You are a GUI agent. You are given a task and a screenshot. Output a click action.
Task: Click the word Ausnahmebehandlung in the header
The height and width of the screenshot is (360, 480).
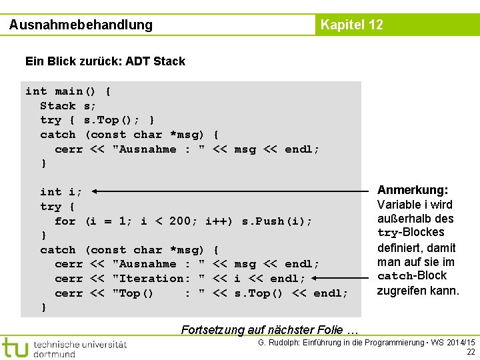pyautogui.click(x=81, y=25)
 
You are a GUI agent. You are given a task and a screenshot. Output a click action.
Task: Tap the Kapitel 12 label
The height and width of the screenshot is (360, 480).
pyautogui.click(x=351, y=25)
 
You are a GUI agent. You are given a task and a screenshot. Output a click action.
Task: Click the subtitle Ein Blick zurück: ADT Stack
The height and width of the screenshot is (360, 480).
pyautogui.click(x=105, y=61)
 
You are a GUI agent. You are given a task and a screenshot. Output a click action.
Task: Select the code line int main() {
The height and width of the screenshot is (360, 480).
pyautogui.click(x=68, y=91)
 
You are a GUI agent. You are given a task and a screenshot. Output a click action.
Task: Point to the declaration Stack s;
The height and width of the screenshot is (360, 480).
pyautogui.click(x=68, y=106)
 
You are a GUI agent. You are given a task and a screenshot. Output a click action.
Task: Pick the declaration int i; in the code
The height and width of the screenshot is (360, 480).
pyautogui.click(x=61, y=192)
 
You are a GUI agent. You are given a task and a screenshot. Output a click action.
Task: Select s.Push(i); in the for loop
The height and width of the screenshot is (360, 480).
pyautogui.click(x=277, y=221)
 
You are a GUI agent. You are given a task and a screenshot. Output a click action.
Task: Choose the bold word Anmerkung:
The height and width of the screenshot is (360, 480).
pyautogui.click(x=413, y=190)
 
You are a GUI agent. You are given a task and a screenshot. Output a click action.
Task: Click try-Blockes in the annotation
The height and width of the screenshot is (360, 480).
pyautogui.click(x=411, y=233)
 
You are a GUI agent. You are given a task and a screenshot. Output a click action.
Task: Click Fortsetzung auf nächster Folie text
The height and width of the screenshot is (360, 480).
pyautogui.click(x=270, y=329)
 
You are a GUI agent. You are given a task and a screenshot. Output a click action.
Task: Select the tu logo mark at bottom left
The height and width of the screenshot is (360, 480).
pyautogui.click(x=15, y=347)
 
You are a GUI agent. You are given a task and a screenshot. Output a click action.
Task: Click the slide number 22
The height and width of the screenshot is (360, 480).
pyautogui.click(x=471, y=352)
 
